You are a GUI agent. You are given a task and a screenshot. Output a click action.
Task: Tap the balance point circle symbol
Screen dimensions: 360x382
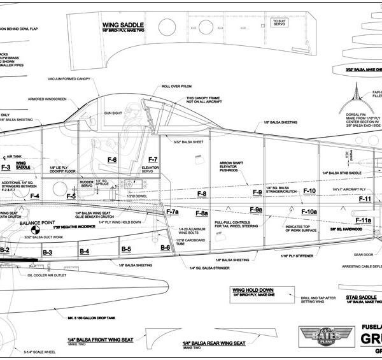[x=36, y=228]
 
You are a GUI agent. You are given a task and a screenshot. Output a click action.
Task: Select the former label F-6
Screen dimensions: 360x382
[x=112, y=159]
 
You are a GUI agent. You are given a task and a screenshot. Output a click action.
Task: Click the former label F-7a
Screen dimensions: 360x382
[x=173, y=211]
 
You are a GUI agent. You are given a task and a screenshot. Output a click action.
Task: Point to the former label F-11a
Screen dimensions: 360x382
[x=363, y=220]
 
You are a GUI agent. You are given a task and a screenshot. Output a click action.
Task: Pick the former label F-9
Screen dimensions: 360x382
[x=257, y=192]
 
